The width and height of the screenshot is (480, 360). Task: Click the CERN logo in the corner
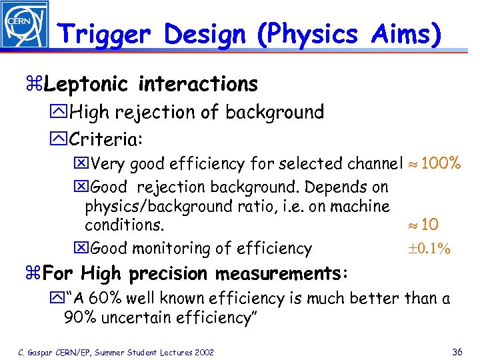tap(25, 25)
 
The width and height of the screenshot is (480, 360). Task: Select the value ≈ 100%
tap(433, 163)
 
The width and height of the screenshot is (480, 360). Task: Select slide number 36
tap(457, 352)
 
